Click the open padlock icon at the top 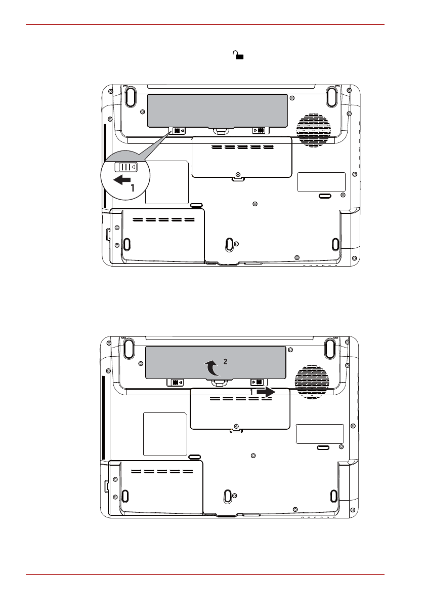[x=239, y=55]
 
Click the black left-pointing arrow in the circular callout [x=122, y=179]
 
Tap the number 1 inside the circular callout [x=133, y=188]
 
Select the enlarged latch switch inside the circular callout [x=125, y=167]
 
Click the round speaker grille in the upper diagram [x=313, y=130]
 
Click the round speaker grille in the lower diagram [x=312, y=382]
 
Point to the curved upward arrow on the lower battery [x=211, y=368]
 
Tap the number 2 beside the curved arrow [x=225, y=361]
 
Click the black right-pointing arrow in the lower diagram [x=266, y=392]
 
